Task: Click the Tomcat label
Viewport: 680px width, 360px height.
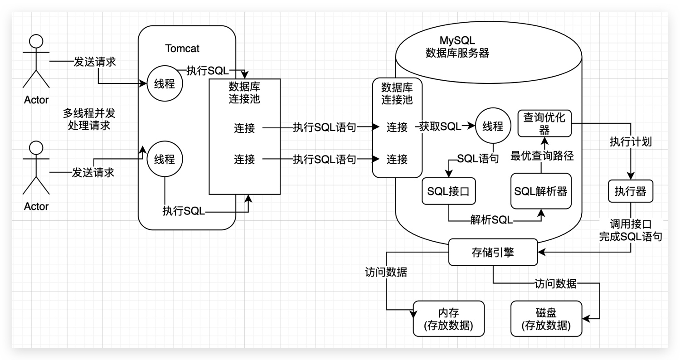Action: click(x=182, y=48)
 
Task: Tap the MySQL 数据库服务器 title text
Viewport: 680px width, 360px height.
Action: click(x=457, y=47)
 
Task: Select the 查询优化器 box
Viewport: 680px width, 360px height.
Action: click(x=544, y=123)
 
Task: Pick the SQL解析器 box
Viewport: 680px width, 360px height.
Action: click(x=541, y=191)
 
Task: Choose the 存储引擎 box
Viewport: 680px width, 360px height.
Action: click(x=493, y=252)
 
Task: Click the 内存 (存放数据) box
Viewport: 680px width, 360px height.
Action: click(x=448, y=319)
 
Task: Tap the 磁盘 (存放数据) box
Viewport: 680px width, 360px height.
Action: click(x=546, y=319)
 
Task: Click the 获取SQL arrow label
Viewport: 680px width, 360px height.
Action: click(x=440, y=127)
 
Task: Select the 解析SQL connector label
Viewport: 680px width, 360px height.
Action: click(x=491, y=221)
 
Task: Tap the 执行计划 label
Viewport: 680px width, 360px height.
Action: click(x=631, y=142)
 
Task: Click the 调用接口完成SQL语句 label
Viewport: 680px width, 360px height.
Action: click(x=631, y=230)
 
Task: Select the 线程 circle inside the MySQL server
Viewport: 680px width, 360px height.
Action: click(x=493, y=127)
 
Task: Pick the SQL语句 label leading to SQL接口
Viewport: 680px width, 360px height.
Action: click(x=478, y=159)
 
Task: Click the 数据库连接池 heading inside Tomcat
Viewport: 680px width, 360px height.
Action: click(x=245, y=92)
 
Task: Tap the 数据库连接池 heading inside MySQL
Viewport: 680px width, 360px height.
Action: click(x=397, y=93)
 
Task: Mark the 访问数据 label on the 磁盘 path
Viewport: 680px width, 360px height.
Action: click(x=555, y=284)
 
